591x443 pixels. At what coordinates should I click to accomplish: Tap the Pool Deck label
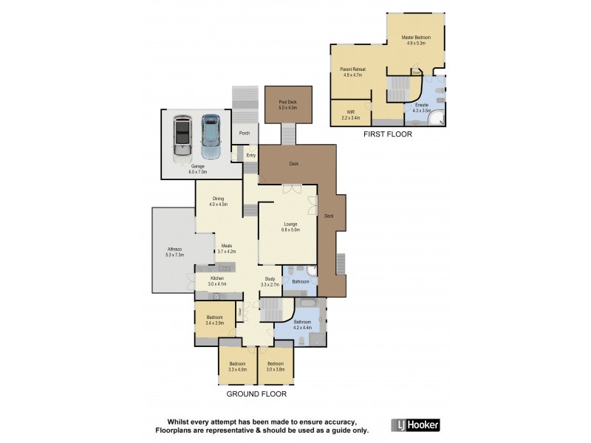287,105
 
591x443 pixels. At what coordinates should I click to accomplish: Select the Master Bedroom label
416,40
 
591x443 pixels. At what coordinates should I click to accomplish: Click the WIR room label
350,115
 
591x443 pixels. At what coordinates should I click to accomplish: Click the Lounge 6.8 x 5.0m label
290,227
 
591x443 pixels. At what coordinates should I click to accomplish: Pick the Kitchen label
216,281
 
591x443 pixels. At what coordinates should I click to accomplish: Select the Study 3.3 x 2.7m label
270,281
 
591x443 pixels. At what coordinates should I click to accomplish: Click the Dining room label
218,201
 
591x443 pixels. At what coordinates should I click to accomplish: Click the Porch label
244,134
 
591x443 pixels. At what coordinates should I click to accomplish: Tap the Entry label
251,156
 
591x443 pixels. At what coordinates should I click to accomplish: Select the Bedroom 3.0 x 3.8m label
276,366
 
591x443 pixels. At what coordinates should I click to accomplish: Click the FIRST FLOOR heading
387,135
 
